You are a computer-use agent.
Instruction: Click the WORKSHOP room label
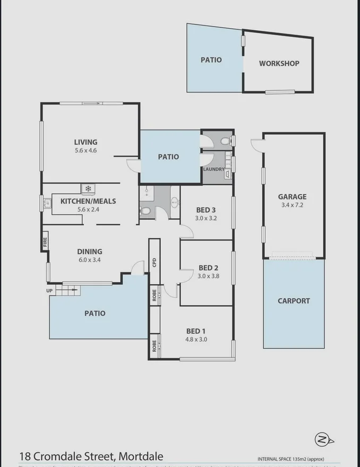279,63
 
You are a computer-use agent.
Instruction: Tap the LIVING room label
85,142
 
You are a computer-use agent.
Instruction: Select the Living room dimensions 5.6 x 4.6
85,150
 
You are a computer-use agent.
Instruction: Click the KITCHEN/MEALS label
88,201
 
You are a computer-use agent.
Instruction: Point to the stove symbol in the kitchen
88,188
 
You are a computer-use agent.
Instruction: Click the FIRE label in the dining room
45,243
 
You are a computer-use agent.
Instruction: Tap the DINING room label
89,252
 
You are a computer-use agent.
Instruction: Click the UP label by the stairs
50,291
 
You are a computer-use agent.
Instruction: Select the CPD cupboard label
154,262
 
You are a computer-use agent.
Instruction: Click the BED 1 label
196,331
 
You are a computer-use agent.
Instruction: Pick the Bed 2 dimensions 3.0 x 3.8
209,276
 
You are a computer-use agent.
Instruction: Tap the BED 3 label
206,210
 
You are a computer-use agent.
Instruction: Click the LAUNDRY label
213,169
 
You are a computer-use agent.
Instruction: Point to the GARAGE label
293,196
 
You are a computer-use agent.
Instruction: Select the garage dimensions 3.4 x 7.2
293,205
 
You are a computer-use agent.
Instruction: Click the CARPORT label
294,300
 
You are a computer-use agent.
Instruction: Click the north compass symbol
322,439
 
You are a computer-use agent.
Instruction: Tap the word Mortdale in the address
141,456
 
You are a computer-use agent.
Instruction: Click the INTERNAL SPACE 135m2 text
290,459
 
